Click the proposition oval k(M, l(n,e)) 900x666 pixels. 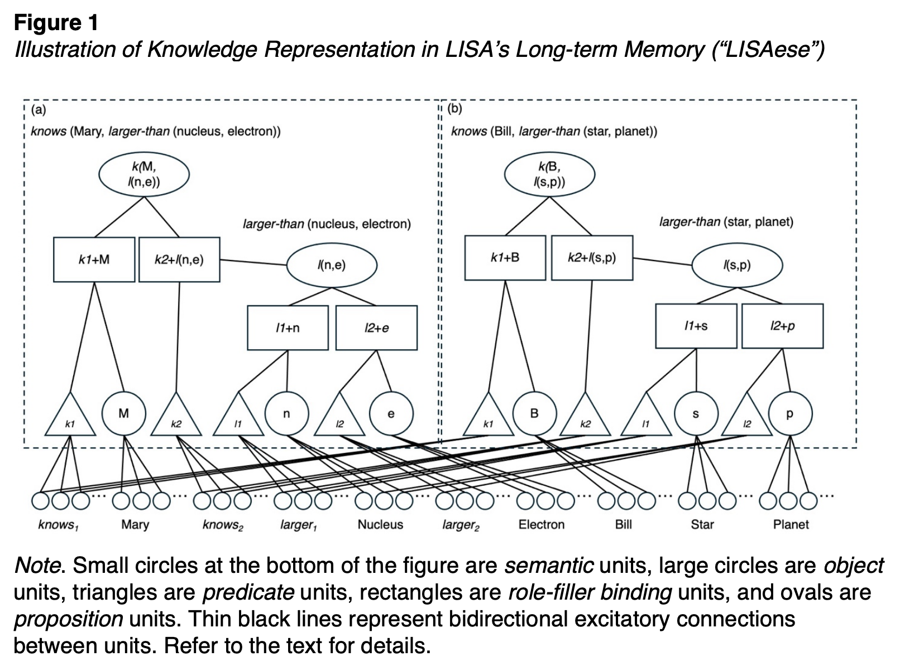point(144,175)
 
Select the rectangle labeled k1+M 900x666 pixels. point(94,259)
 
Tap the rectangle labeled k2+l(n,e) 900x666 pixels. point(179,259)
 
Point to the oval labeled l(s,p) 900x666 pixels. point(737,265)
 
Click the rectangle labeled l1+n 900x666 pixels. point(288,328)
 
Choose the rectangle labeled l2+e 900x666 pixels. point(376,328)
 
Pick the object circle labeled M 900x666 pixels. point(124,414)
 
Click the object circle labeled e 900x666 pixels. point(391,414)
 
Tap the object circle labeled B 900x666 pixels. point(534,414)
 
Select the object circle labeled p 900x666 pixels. point(790,414)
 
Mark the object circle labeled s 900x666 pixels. point(696,414)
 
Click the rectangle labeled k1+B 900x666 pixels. point(505,258)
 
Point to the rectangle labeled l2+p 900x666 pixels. point(782,326)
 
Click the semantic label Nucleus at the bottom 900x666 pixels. point(380,525)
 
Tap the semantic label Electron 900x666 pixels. point(541,525)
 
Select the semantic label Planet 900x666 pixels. point(791,525)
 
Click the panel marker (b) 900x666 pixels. point(455,108)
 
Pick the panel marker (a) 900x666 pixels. point(39,109)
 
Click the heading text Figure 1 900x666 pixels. point(56,23)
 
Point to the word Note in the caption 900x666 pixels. point(37,566)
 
